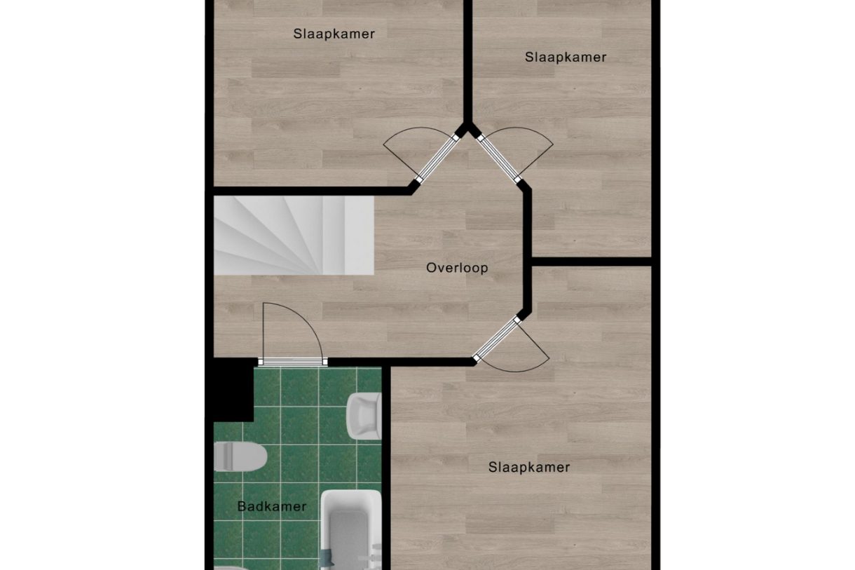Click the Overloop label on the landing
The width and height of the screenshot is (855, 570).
457,268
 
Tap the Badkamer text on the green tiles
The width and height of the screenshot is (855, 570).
272,507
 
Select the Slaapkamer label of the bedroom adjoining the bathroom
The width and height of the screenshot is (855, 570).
529,468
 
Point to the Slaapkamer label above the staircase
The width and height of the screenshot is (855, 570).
334,34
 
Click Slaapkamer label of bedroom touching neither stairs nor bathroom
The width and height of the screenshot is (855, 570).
566,57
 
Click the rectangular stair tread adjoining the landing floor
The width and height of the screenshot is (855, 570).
360,235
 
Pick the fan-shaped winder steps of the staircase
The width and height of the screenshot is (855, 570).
280,235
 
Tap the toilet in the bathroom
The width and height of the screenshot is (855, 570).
240,456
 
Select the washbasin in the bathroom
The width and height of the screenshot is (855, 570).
364,416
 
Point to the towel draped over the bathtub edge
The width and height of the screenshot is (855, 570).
327,560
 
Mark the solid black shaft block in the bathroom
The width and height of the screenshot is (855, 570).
233,390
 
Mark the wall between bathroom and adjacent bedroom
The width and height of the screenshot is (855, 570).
386,468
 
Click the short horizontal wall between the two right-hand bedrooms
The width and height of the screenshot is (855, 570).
591,262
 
